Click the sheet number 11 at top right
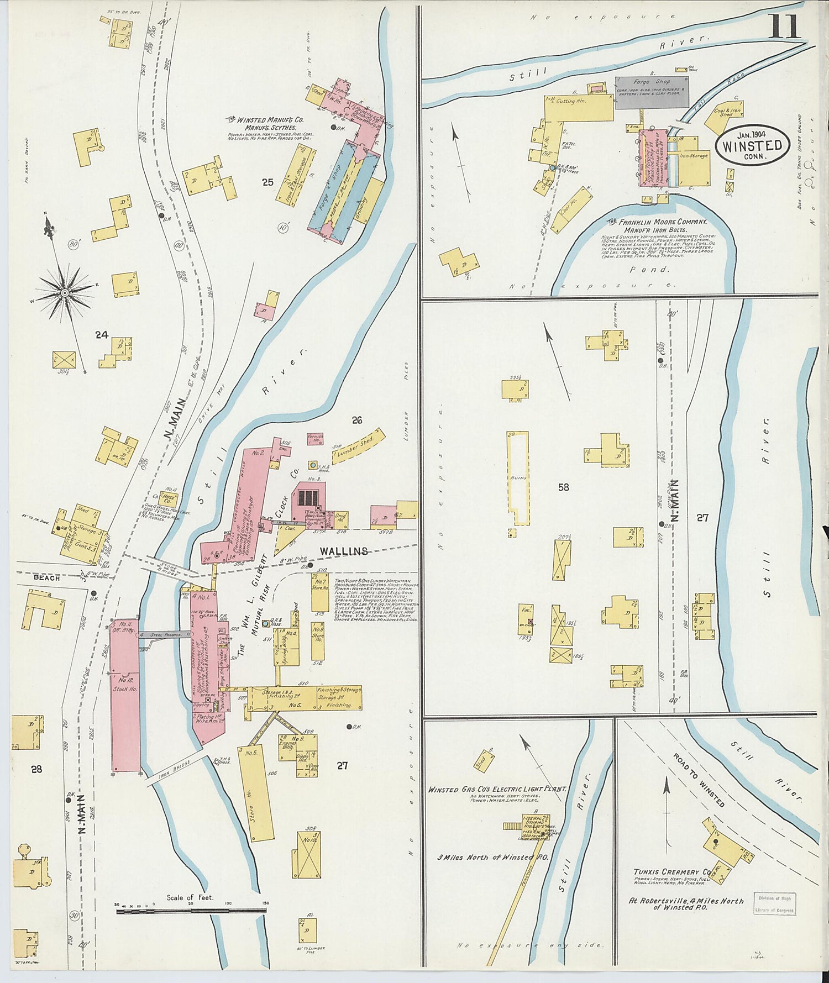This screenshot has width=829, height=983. click(784, 26)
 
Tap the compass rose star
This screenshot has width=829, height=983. click(65, 292)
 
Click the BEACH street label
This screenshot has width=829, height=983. click(46, 577)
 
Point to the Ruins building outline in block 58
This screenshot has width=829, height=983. click(518, 478)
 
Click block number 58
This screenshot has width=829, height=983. click(563, 487)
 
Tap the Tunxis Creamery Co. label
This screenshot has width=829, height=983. click(672, 871)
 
